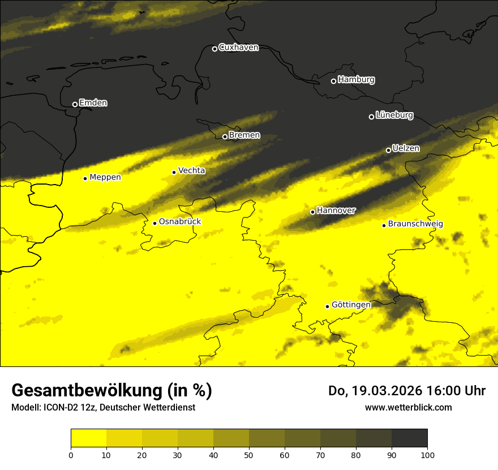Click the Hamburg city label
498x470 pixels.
click(356, 80)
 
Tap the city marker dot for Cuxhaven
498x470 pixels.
click(214, 49)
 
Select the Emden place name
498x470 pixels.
click(93, 103)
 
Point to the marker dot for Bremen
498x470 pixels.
click(225, 136)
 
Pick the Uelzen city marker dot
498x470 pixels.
click(388, 150)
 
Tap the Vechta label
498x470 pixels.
click(191, 170)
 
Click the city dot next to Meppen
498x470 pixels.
click(85, 178)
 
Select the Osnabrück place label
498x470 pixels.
click(180, 222)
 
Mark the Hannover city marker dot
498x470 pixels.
click(312, 212)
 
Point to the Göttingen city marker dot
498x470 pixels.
click(327, 306)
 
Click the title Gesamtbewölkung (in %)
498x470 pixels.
click(111, 391)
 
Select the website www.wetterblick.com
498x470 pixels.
click(408, 407)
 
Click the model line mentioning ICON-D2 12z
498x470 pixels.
click(103, 407)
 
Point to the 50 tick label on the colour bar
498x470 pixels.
click(249, 455)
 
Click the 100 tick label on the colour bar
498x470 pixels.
click(427, 455)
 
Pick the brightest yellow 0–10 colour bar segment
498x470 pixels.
click(88, 438)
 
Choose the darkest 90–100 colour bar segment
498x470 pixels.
click(409, 438)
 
